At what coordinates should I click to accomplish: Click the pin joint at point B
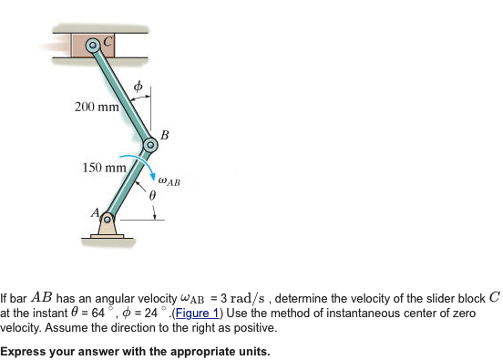pyautogui.click(x=151, y=145)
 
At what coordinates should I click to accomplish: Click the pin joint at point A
pyautogui.click(x=107, y=219)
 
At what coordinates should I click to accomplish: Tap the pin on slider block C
pyautogui.click(x=91, y=45)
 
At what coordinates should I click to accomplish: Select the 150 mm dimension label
pyautogui.click(x=104, y=168)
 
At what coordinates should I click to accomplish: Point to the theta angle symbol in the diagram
pyautogui.click(x=154, y=196)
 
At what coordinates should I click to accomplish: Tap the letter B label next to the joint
pyautogui.click(x=164, y=135)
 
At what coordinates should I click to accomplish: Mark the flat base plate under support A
pyautogui.click(x=107, y=239)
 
